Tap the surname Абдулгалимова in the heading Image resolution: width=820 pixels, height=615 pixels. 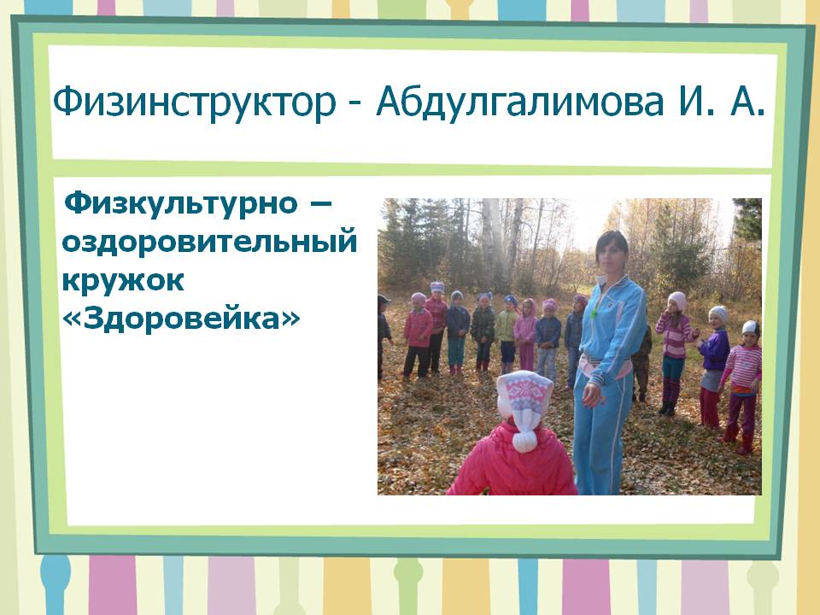[x=520, y=102]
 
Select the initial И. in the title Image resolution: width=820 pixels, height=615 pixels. [x=695, y=102]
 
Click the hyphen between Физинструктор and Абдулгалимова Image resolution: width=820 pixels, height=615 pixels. [x=355, y=104]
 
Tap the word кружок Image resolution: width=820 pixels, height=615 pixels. [x=123, y=280]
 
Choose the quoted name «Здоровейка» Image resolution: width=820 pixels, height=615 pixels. [x=181, y=318]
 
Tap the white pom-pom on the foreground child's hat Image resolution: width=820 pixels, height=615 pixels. [x=524, y=442]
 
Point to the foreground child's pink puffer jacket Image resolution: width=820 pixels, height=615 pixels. [x=512, y=460]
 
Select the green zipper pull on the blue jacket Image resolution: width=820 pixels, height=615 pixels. [x=594, y=313]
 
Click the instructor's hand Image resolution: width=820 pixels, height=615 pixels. [x=591, y=394]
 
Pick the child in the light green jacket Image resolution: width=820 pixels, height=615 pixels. [x=507, y=334]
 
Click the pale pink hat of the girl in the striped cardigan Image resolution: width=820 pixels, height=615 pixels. [x=678, y=301]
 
